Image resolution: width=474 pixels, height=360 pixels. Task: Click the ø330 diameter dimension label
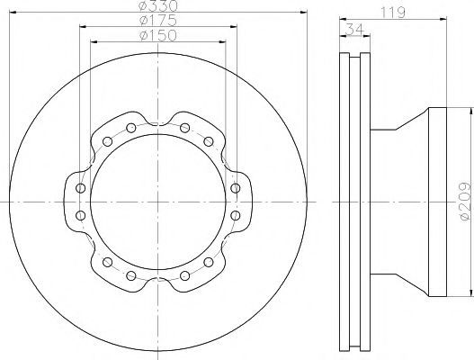pos(157,5)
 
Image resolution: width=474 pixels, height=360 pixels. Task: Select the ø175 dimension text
pos(157,21)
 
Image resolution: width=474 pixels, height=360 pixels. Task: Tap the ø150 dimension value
pos(157,35)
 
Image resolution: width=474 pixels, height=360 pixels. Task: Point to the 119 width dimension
pos(392,13)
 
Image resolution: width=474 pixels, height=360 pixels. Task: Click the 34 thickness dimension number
pos(354,30)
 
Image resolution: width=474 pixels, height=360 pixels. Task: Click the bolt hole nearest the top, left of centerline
pos(131,128)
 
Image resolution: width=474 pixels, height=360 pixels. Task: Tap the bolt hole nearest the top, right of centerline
pos(184,128)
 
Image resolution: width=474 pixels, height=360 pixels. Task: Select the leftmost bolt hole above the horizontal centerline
pos(80,188)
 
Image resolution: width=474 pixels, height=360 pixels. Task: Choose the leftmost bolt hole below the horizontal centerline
pos(80,215)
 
